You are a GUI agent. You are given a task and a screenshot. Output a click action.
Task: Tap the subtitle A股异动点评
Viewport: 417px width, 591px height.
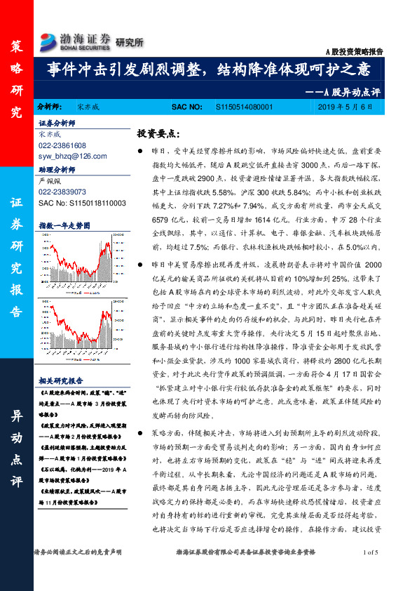(x=343, y=91)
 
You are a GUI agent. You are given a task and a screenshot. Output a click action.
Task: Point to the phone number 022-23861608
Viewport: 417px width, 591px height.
(x=63, y=145)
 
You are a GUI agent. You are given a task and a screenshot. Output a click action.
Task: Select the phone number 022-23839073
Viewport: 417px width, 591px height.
(x=63, y=191)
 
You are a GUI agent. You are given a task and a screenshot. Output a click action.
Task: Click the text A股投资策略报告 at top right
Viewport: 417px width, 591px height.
(x=355, y=53)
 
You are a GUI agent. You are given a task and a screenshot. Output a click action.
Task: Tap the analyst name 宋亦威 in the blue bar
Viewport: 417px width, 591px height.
(x=88, y=107)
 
